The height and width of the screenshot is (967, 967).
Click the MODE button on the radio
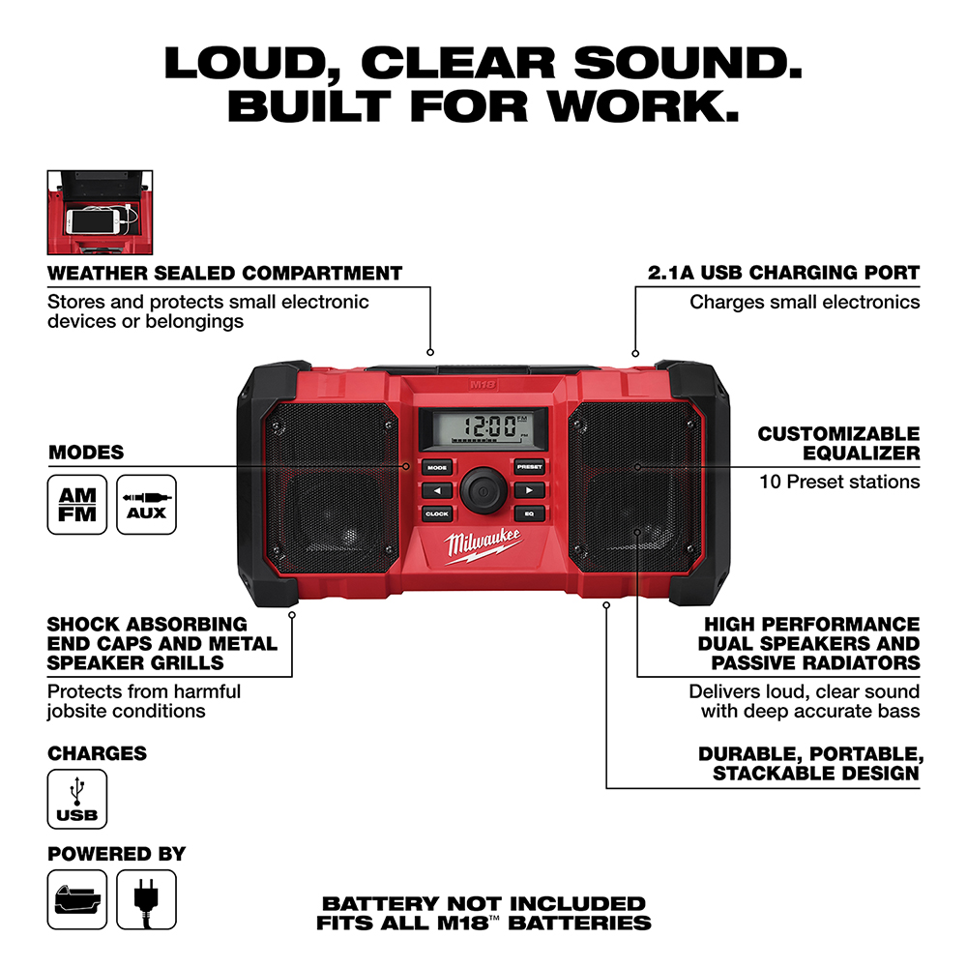pyautogui.click(x=437, y=467)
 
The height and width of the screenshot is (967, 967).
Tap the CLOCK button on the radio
pyautogui.click(x=437, y=514)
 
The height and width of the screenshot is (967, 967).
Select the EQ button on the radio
pyautogui.click(x=529, y=514)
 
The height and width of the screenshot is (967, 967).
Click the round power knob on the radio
pyautogui.click(x=483, y=491)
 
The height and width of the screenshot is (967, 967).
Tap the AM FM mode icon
pyautogui.click(x=77, y=504)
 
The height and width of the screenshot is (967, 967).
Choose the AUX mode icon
pyautogui.click(x=146, y=504)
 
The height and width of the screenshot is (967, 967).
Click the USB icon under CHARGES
pyautogui.click(x=77, y=798)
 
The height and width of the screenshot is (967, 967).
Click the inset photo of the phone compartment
pyautogui.click(x=103, y=213)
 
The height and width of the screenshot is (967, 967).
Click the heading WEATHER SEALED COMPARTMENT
pyautogui.click(x=224, y=274)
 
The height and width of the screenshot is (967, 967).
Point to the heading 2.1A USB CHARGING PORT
pyautogui.click(x=784, y=274)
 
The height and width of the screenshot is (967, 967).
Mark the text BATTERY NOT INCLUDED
pyautogui.click(x=483, y=903)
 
